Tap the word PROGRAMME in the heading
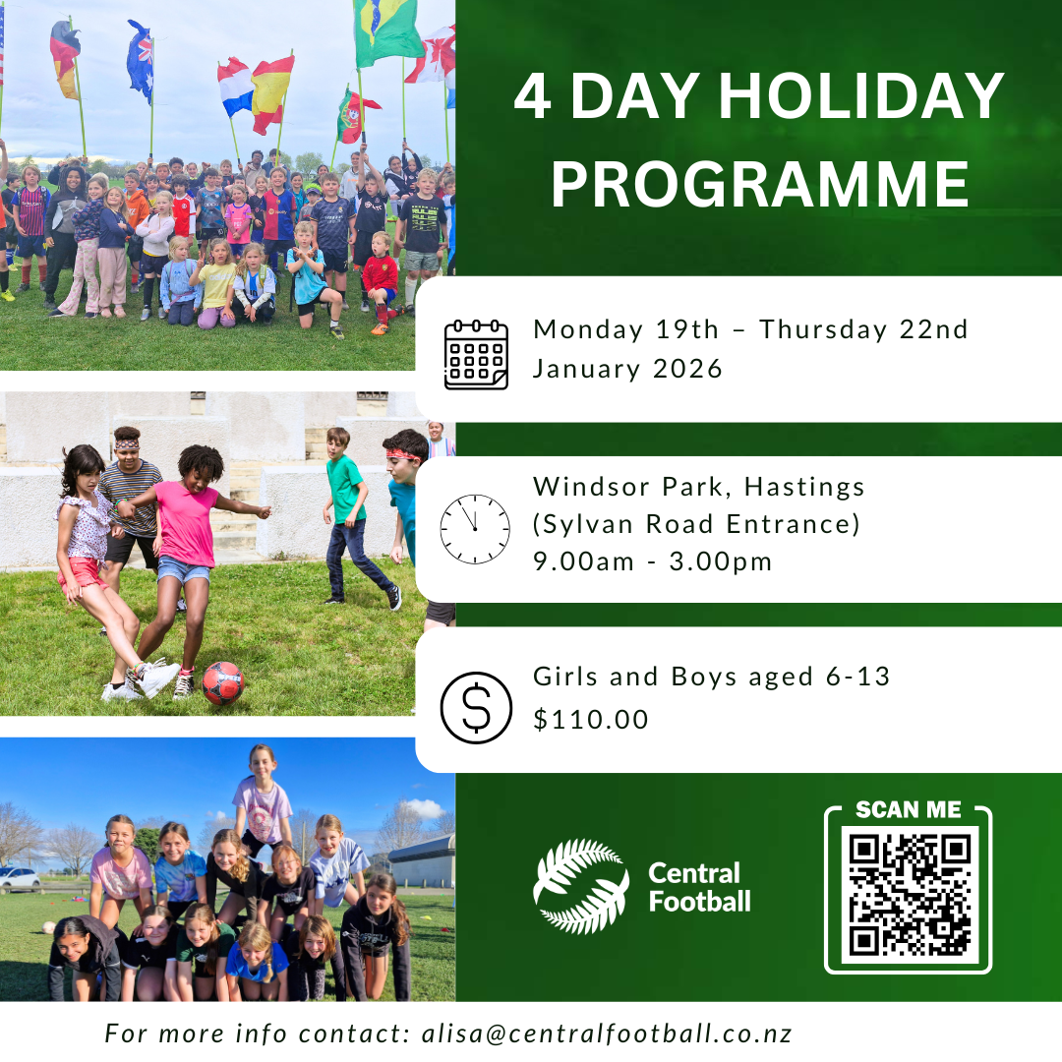760,184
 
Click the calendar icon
476,354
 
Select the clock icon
475,529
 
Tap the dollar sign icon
476,708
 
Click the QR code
910,895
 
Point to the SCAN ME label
909,809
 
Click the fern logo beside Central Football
581,886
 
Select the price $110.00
591,719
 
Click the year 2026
687,369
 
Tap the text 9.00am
583,561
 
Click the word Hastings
804,488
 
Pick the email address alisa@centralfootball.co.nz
607,1033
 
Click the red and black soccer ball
223,682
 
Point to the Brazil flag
387,30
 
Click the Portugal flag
355,116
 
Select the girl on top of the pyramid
262,799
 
